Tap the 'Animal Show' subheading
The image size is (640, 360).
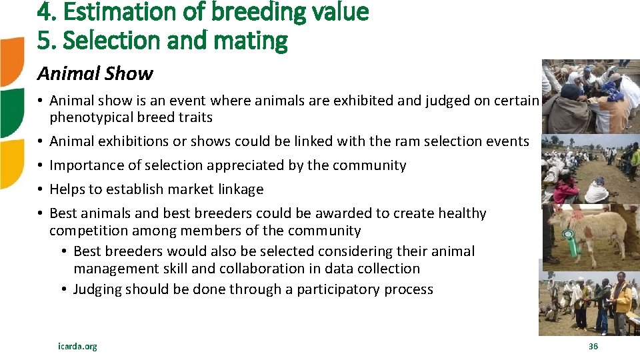95,73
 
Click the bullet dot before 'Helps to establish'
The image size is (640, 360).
41,190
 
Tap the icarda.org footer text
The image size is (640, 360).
77,346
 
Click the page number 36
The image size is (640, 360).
593,346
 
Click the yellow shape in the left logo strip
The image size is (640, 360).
12,163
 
